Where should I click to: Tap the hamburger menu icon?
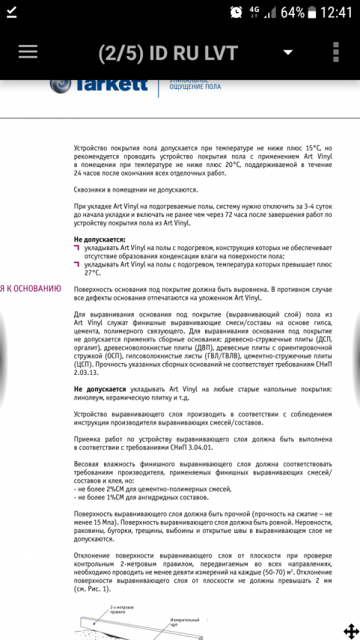tap(28, 51)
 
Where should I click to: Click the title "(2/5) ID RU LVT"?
tap(168, 52)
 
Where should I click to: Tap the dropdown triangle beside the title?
tap(287, 52)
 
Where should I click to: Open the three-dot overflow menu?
tap(336, 52)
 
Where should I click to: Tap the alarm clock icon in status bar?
tap(236, 13)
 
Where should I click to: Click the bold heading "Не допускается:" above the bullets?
tap(100, 239)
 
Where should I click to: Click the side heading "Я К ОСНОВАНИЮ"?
tap(31, 288)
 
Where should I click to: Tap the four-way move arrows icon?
tap(350, 631)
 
